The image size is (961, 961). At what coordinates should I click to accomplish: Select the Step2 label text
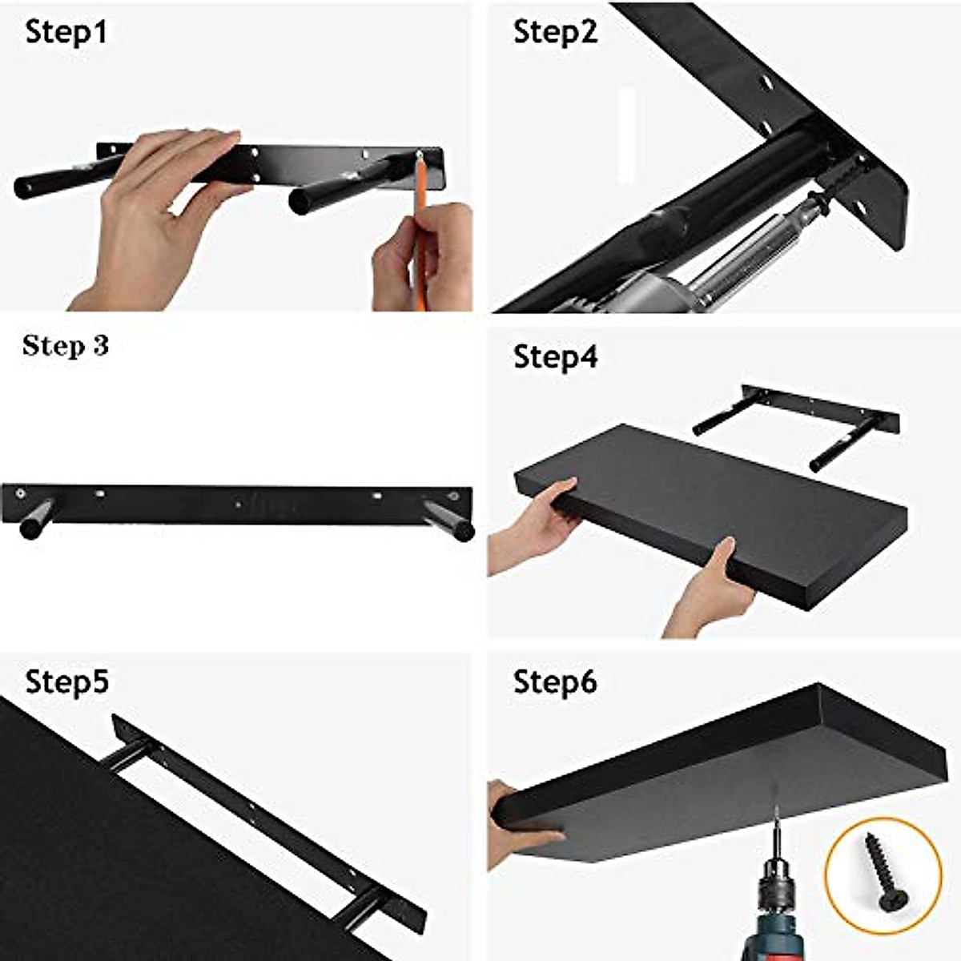point(555,33)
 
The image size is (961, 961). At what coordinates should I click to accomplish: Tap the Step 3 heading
point(66,346)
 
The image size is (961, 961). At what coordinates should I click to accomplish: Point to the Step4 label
point(555,357)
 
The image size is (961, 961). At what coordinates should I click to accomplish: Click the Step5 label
point(66,682)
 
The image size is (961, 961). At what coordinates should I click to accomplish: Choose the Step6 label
point(555,682)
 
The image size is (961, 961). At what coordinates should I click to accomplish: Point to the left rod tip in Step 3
point(32,529)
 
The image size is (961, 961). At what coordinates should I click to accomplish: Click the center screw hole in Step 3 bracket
point(239,505)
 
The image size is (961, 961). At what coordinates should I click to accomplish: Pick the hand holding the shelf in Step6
point(517,825)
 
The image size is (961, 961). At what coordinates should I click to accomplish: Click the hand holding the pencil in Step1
point(420,256)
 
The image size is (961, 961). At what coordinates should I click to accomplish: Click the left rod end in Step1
point(24,189)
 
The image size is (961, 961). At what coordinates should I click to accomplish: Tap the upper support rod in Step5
point(128,754)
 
